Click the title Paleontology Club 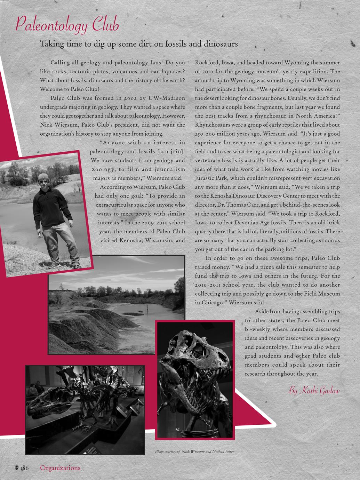[67, 25]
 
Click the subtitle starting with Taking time [139, 44]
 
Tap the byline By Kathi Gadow [314, 390]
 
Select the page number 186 [24, 468]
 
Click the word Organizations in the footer [60, 468]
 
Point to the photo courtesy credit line [194, 451]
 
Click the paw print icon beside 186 [16, 468]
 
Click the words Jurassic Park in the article [212, 178]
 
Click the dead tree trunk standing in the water [147, 308]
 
